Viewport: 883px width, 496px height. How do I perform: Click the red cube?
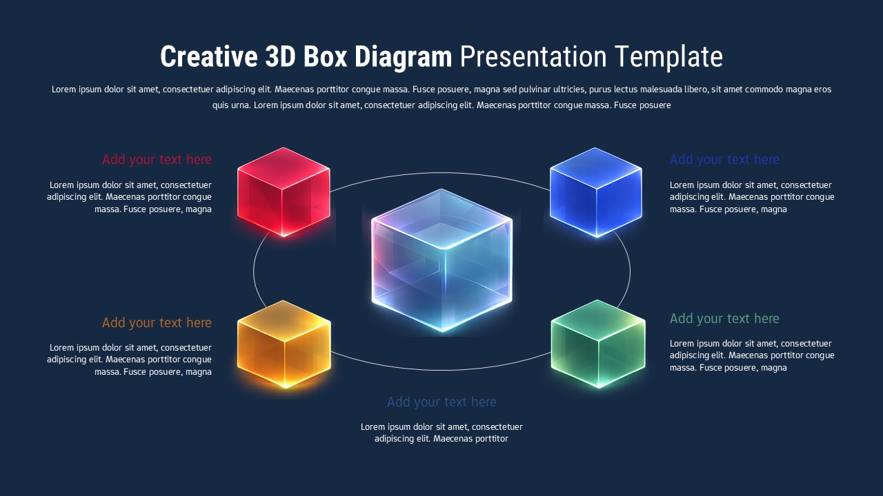point(284,193)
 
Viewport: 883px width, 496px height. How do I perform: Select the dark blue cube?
point(596,193)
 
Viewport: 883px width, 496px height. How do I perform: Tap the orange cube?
point(284,344)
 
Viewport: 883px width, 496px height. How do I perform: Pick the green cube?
point(598,344)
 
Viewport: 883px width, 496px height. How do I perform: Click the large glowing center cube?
point(441,262)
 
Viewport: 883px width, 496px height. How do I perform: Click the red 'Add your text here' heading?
point(157,160)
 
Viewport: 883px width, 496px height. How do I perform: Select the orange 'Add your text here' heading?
point(157,322)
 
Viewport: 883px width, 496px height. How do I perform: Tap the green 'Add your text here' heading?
point(724,318)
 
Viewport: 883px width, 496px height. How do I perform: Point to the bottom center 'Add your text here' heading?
point(441,402)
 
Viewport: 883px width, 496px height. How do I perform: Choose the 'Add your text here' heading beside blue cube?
point(724,160)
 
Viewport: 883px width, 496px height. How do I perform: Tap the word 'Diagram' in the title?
point(403,57)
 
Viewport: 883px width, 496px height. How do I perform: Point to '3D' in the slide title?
point(280,57)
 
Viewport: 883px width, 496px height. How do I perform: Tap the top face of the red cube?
point(284,167)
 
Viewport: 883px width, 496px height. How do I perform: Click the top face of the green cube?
point(598,320)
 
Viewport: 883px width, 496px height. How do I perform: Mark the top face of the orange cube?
point(284,320)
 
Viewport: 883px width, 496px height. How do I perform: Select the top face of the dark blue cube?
point(596,168)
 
